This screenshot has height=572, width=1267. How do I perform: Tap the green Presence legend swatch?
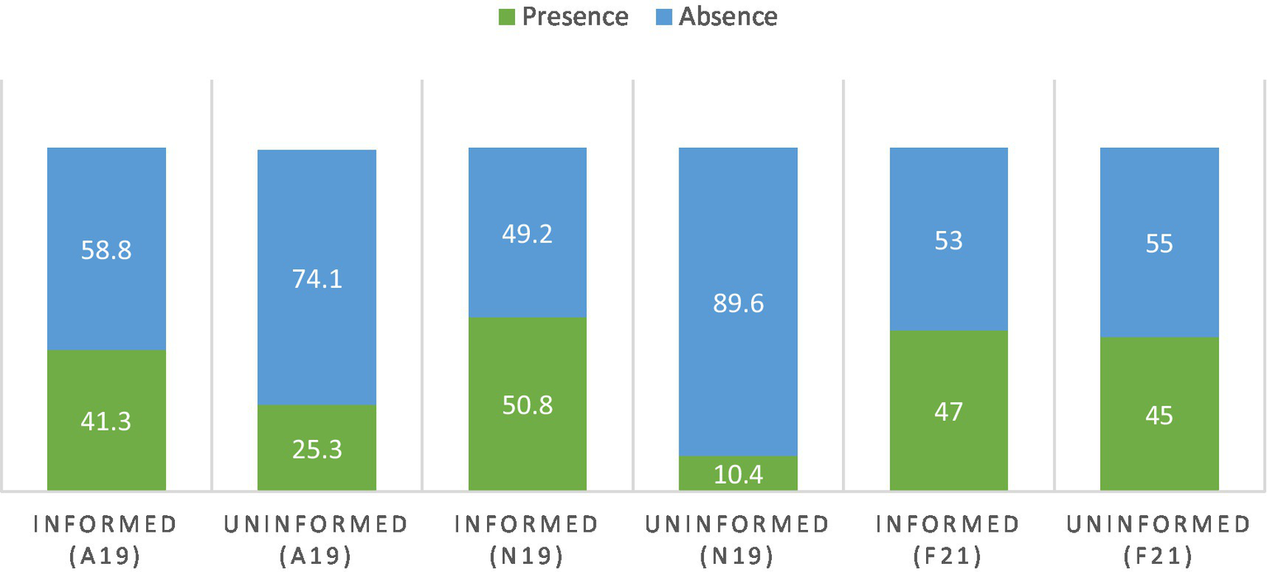[508, 17]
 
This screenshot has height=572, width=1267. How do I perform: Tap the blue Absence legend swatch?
[663, 17]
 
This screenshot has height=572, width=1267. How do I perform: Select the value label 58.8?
[106, 249]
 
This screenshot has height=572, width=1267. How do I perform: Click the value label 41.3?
[106, 421]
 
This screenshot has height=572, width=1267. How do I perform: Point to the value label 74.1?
[317, 278]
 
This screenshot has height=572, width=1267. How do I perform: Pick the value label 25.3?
[317, 449]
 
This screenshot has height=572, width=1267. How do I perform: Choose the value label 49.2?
[527, 234]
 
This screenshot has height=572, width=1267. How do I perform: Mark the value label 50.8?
[527, 405]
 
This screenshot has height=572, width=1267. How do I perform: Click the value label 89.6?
[738, 303]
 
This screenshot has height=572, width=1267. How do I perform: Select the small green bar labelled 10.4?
[738, 474]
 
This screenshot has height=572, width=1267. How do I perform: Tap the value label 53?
[948, 240]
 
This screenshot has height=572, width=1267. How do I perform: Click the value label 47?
[948, 411]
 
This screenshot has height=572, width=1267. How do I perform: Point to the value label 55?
[1159, 243]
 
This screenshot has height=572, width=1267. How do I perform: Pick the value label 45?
[1159, 415]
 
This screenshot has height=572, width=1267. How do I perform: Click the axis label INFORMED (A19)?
[106, 540]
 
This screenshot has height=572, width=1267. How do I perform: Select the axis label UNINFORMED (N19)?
[738, 540]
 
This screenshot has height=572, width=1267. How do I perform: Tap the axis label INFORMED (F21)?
[948, 540]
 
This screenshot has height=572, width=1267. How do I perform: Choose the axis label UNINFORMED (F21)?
[1159, 540]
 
